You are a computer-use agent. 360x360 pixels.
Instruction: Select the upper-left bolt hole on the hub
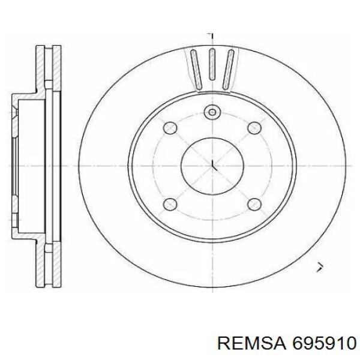coord(170,128)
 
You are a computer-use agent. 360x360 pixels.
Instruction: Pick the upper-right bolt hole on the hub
coord(255,128)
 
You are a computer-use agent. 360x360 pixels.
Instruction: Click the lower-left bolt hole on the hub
coord(170,204)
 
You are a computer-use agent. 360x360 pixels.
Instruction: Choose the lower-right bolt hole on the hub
coord(255,204)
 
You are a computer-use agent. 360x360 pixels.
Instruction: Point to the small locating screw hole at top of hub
coord(212,112)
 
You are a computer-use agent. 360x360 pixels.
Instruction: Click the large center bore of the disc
coord(212,166)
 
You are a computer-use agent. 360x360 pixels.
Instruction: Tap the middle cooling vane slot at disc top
coord(212,64)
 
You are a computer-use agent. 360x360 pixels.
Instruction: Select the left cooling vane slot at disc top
coord(197,70)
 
